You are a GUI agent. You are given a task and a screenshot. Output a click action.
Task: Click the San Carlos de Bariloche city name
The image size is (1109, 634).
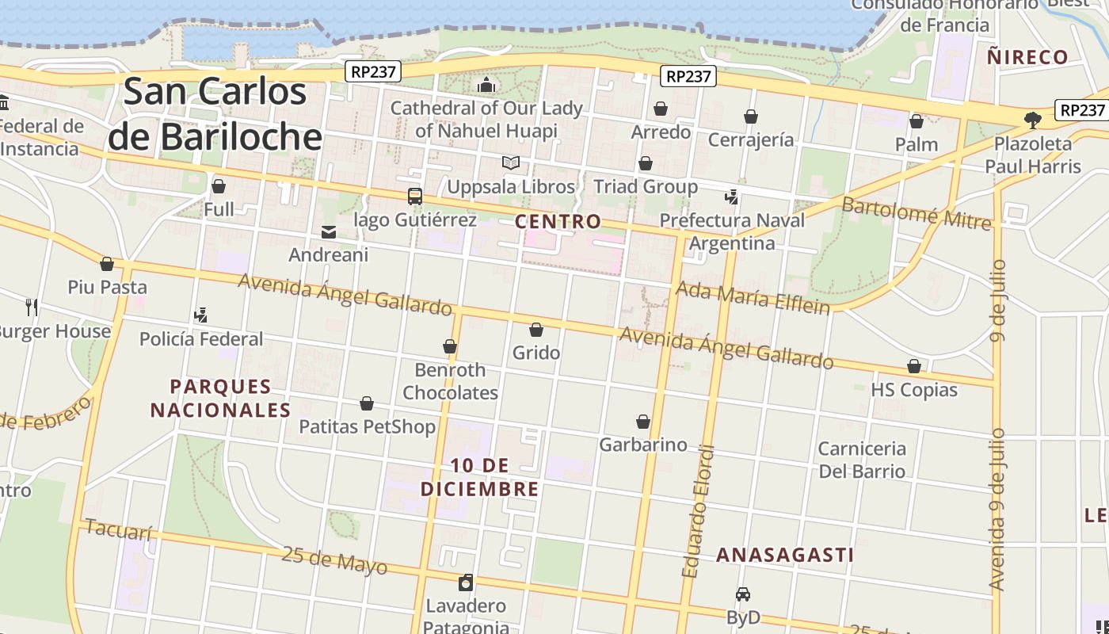pos(215,114)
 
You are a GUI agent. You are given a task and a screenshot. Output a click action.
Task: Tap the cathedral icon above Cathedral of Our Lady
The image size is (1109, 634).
pos(486,85)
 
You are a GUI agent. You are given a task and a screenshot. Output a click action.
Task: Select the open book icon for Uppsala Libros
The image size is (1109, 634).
pos(511,163)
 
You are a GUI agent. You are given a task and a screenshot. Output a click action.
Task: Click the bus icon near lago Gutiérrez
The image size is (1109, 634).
pos(414,196)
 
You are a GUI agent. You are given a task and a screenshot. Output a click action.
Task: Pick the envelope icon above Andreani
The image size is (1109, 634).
pos(328,231)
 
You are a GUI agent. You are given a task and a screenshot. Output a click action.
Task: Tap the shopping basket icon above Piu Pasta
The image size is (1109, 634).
pos(107,263)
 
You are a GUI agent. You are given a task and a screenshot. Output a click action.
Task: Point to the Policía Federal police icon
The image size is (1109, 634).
pos(200,315)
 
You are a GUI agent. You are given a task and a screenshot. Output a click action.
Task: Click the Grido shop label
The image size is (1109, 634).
pos(536,353)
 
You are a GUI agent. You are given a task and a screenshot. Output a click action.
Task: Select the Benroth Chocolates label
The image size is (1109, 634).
pos(450,381)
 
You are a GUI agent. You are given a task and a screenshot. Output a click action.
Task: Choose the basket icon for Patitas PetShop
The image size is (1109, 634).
pos(367,403)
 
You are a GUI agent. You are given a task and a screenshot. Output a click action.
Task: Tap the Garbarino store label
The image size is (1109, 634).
pos(642,445)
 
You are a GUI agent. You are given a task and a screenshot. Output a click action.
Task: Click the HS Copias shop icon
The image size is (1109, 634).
pos(913,366)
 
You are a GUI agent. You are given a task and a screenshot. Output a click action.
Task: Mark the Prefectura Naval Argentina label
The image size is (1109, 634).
pos(732,231)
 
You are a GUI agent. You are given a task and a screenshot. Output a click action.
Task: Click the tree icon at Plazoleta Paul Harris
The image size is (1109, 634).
pos(1031,120)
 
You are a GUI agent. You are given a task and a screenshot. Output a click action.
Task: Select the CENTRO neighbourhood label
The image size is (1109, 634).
pos(558,221)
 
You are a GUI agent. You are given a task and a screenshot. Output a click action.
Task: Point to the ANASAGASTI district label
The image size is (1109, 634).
pos(785,555)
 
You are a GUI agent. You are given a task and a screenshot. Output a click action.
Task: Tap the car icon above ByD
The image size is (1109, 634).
pos(742,594)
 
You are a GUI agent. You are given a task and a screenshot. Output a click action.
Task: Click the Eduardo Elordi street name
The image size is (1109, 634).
pos(698,511)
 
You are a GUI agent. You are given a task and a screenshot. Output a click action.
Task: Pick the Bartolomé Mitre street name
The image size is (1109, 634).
pos(916,213)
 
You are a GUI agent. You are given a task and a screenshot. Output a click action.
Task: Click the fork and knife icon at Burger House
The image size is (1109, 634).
pos(32,307)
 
